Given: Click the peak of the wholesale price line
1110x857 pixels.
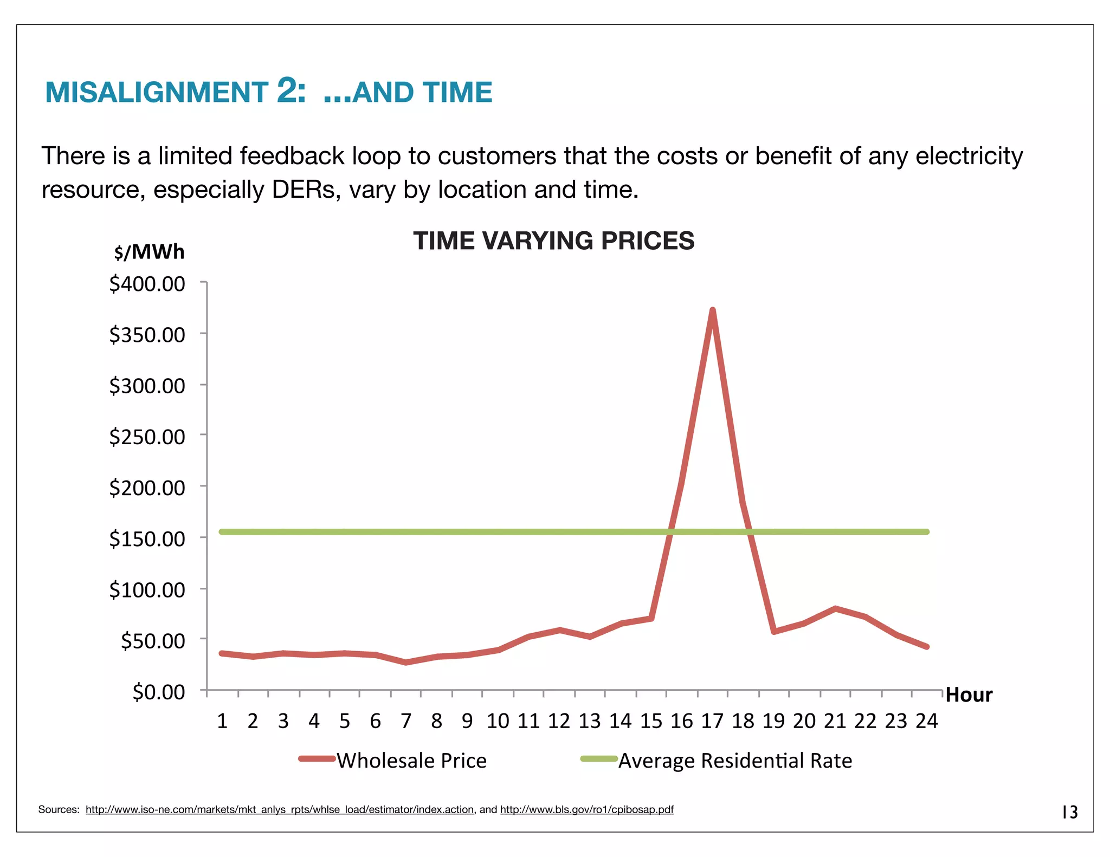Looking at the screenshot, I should pos(712,310).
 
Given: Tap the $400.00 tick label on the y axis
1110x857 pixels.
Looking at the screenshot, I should pos(147,284).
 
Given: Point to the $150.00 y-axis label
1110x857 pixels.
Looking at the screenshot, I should pos(147,539).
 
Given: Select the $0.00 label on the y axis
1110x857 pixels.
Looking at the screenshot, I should pos(158,692).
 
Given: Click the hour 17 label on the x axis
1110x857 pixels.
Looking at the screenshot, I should pos(712,721).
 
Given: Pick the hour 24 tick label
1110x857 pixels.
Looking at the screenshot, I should pos(927,721).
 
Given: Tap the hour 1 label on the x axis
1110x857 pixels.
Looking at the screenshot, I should pos(222,721).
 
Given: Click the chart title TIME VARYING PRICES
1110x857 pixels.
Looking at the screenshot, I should pos(553,241).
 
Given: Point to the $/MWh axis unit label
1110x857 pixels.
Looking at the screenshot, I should pos(149,252).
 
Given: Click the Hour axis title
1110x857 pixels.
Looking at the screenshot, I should pos(969,694).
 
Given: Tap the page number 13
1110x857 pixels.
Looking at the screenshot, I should pos(1070,812).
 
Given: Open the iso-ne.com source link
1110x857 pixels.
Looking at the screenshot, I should pos(279,809).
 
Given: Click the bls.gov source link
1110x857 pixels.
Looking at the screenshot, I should pos(586,809).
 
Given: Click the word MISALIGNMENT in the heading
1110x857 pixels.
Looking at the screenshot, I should pos(157,92).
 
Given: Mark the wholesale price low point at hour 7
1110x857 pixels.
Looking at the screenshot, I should pos(406,662).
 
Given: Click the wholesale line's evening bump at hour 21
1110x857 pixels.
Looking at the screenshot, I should pos(835,609).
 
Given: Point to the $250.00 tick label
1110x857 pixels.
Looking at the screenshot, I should pos(147,437).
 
